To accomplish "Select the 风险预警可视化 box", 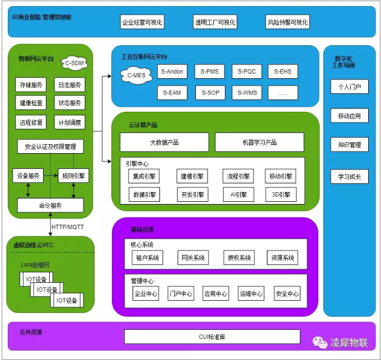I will click(x=288, y=22).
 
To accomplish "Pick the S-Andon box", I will click(x=172, y=72).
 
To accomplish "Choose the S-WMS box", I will click(x=247, y=92).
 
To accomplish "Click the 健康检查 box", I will click(x=31, y=103).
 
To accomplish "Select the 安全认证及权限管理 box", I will click(x=50, y=147).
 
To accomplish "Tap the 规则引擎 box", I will click(x=74, y=176).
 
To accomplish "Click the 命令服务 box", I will click(x=50, y=205).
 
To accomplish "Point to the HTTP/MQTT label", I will click(x=68, y=226).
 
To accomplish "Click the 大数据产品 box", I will click(x=164, y=142).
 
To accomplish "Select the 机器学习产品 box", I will click(x=260, y=142).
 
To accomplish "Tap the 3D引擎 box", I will click(x=281, y=195).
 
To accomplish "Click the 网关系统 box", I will click(x=192, y=258).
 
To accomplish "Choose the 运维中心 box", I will click(x=251, y=293).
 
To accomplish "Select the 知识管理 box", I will click(x=349, y=145).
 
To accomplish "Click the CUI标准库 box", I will click(x=211, y=337).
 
